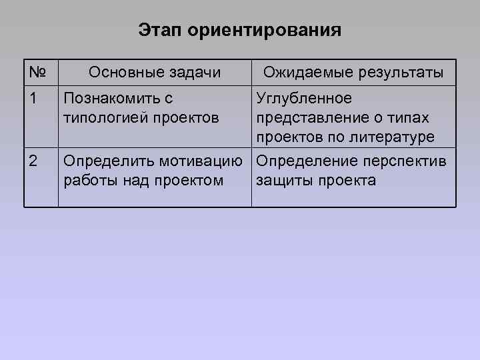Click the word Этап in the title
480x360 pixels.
[162, 31]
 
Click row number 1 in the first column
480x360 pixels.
[33, 99]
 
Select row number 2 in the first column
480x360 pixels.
[33, 161]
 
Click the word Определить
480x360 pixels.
[105, 161]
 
